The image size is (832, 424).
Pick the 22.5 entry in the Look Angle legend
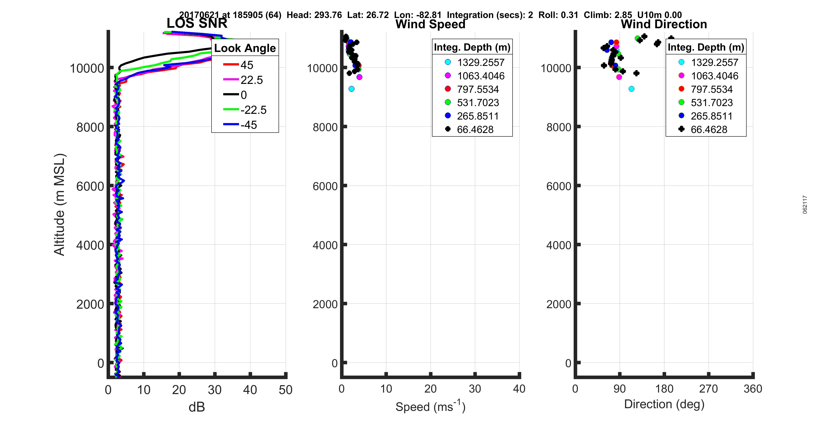(251, 80)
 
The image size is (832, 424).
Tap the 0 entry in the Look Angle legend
(244, 95)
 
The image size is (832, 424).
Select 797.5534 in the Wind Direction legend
(711, 89)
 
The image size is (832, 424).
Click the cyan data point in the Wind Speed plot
(351, 89)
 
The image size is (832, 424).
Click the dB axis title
(197, 407)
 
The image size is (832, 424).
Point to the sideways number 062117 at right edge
(805, 204)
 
